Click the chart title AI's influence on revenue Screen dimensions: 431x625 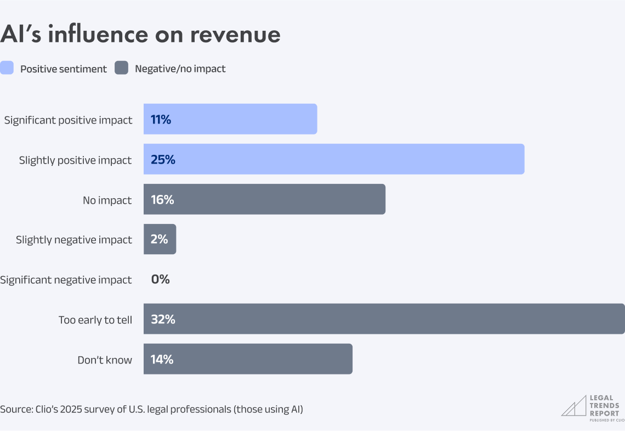[140, 34]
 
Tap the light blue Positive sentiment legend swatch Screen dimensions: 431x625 [7, 68]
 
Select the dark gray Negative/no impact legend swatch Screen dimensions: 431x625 [121, 68]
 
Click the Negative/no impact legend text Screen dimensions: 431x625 [180, 69]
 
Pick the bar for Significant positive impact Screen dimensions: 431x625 [230, 119]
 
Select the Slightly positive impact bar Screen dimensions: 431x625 [334, 159]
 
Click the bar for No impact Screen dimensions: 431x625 [264, 199]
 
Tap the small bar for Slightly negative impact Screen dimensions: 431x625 [160, 239]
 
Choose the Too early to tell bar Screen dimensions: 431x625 [384, 319]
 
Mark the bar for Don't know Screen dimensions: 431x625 [248, 359]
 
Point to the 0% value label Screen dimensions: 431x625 [161, 279]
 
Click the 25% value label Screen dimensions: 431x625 [163, 160]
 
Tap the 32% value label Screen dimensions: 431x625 [163, 320]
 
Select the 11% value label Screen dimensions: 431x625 [161, 120]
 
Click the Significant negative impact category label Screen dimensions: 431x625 [66, 280]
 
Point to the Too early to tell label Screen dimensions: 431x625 [95, 320]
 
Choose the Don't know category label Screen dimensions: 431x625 [105, 360]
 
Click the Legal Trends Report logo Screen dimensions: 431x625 [593, 408]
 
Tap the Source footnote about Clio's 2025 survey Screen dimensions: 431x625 [151, 409]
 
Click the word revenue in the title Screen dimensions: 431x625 [235, 34]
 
